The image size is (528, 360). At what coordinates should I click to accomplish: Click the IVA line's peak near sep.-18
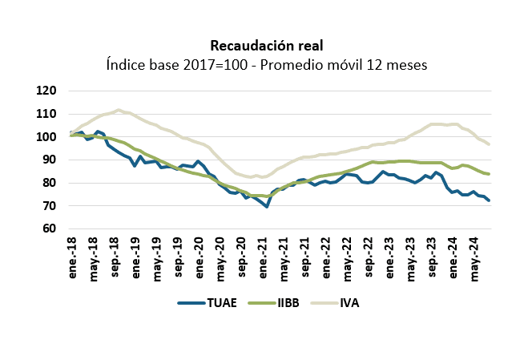click(x=119, y=110)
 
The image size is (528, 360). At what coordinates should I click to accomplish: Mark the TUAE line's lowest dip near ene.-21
click(x=267, y=207)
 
